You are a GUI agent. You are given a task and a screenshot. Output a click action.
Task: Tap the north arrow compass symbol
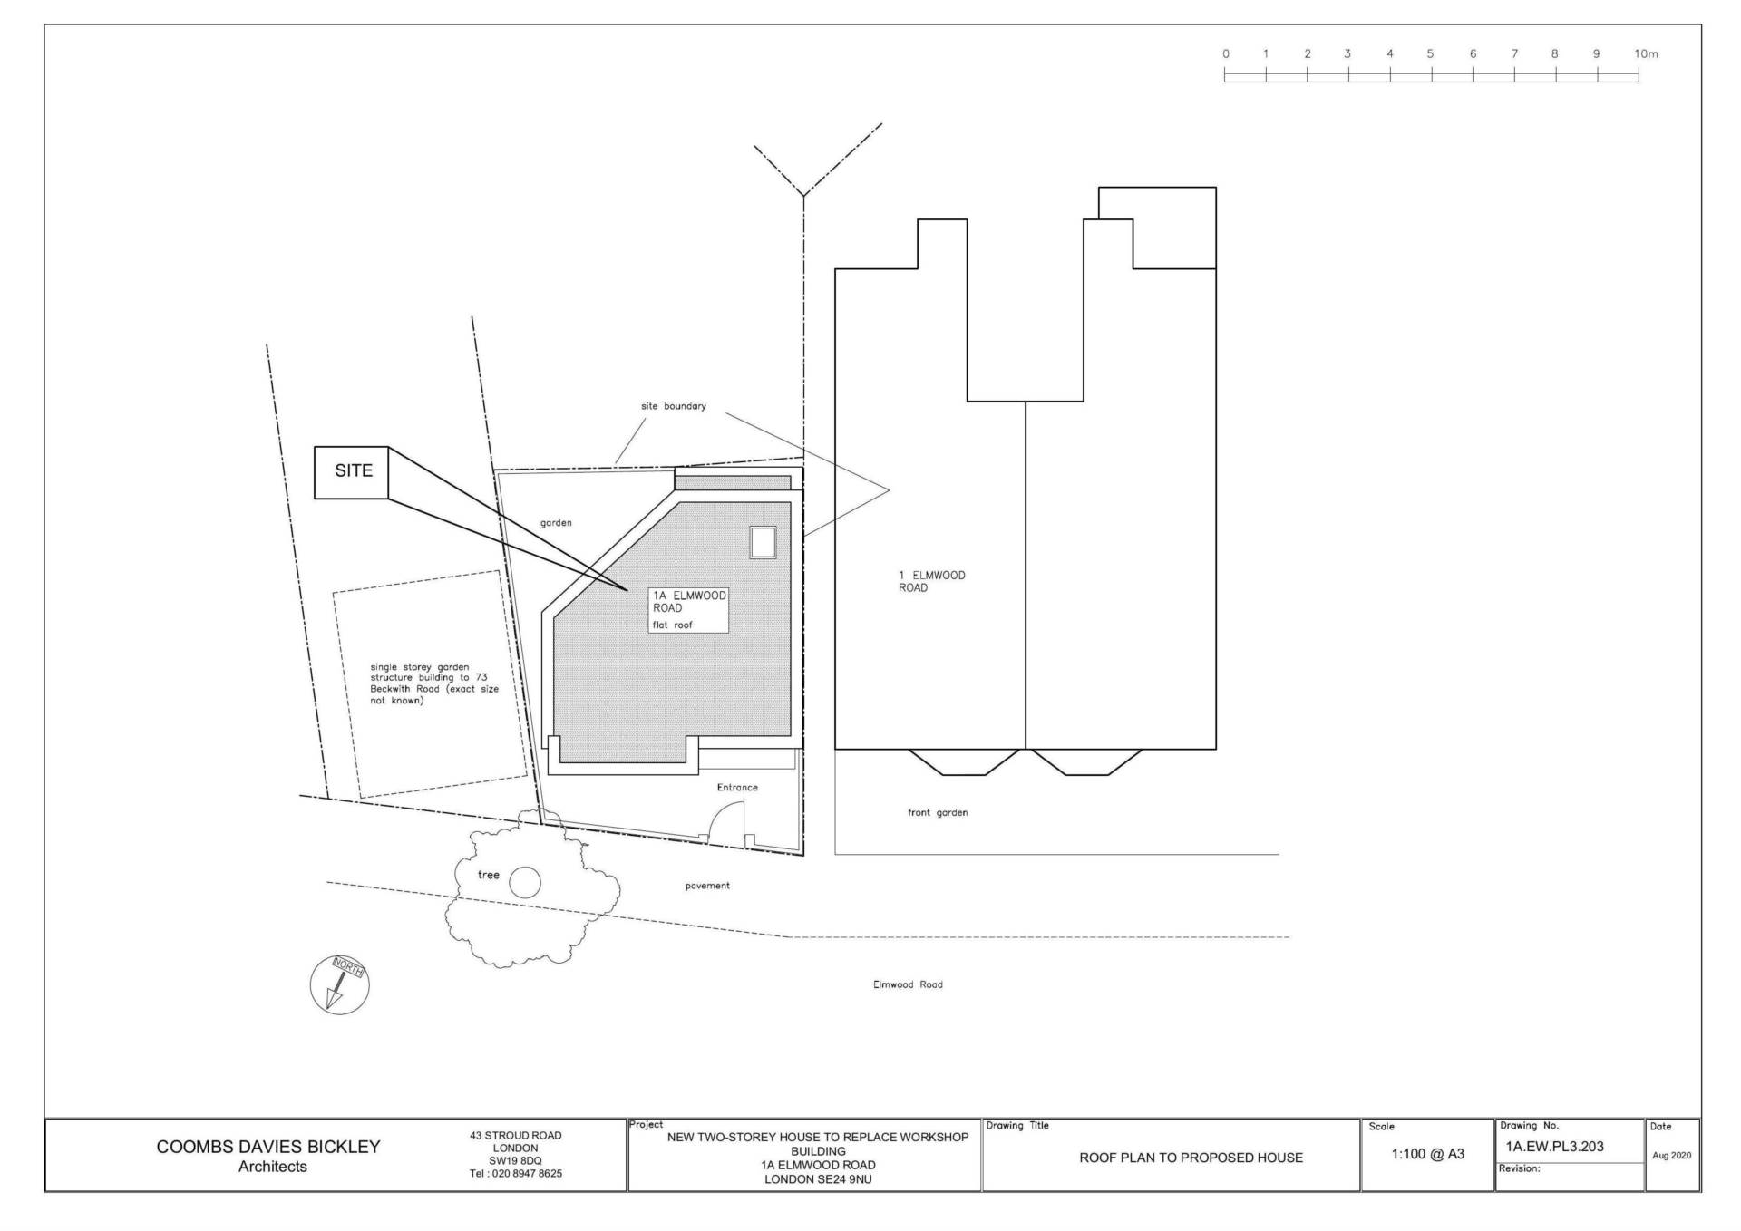pyautogui.click(x=340, y=984)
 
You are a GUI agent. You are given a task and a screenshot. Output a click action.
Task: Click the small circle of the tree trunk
pyautogui.click(x=525, y=882)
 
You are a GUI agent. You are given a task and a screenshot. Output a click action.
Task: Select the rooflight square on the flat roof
pyautogui.click(x=763, y=542)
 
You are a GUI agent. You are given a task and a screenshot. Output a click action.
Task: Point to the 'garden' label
pyautogui.click(x=556, y=523)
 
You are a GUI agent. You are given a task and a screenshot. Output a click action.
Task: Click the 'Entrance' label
pyautogui.click(x=737, y=787)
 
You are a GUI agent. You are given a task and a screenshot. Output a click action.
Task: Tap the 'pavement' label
pyautogui.click(x=707, y=886)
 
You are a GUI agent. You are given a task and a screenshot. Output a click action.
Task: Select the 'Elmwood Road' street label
pyautogui.click(x=908, y=984)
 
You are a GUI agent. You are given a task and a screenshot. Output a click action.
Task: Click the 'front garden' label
pyautogui.click(x=938, y=812)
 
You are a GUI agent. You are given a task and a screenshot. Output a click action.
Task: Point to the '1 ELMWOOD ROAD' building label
pyautogui.click(x=932, y=581)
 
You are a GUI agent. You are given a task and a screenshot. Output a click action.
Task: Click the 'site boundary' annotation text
pyautogui.click(x=673, y=406)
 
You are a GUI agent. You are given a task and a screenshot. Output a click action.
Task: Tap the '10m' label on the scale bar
pyautogui.click(x=1646, y=53)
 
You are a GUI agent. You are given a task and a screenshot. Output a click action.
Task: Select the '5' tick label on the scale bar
pyautogui.click(x=1430, y=53)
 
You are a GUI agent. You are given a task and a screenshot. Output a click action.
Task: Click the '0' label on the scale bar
pyautogui.click(x=1226, y=53)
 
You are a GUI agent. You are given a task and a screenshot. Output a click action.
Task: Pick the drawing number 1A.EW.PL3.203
pyautogui.click(x=1555, y=1147)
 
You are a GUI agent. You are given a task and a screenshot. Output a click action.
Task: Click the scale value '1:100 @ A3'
pyautogui.click(x=1428, y=1154)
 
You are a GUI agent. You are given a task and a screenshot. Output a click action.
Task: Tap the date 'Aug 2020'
pyautogui.click(x=1672, y=1156)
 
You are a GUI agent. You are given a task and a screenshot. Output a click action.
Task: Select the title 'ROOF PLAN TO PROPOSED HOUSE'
pyautogui.click(x=1191, y=1158)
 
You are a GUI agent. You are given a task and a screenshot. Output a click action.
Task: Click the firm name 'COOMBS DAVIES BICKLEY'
pyautogui.click(x=268, y=1147)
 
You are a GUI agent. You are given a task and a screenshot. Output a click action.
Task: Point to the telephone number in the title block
pyautogui.click(x=515, y=1173)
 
